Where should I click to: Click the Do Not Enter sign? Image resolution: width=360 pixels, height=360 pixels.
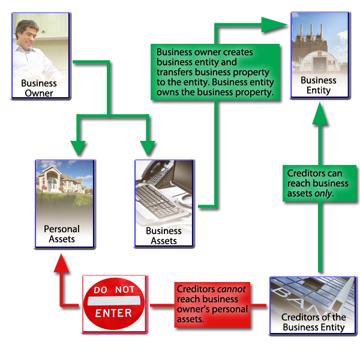tap(114, 304)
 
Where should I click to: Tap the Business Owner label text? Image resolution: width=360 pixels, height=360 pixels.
tap(39, 88)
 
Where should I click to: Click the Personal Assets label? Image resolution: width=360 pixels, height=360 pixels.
tap(62, 234)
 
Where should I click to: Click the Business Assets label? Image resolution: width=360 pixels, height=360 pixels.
tap(164, 235)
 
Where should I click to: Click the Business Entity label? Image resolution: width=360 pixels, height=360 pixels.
tap(319, 85)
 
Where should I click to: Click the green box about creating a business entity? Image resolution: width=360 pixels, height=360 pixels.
tap(215, 73)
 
